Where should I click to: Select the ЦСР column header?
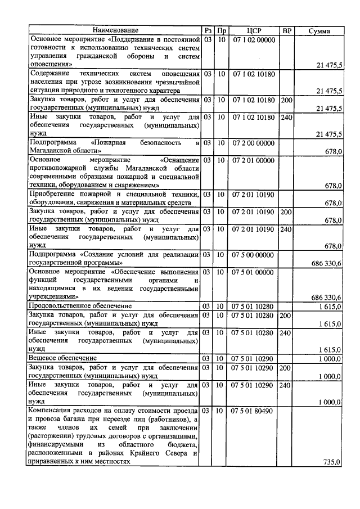(254, 30)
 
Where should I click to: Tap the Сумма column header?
(319, 30)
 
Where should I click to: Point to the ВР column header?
(286, 30)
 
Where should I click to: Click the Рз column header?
(208, 30)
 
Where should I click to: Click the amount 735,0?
(332, 462)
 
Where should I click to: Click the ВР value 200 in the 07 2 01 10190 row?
(286, 212)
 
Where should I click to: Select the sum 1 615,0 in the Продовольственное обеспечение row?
(330, 306)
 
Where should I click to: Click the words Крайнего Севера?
(165, 453)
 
